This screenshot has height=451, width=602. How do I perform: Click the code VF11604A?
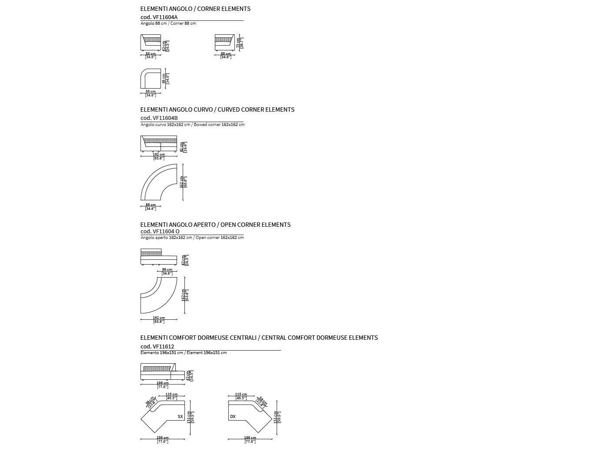point(159,17)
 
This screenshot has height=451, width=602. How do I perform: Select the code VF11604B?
point(159,118)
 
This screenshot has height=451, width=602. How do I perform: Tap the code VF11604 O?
point(160,232)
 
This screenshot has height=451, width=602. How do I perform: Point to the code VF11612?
point(157,347)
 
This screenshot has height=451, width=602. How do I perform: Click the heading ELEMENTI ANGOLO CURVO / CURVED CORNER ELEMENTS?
point(217,109)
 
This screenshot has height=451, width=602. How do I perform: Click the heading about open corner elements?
point(215,225)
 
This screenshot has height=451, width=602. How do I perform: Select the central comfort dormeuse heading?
point(259,338)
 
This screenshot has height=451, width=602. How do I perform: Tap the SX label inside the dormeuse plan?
point(180,417)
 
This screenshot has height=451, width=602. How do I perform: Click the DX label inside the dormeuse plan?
point(233,417)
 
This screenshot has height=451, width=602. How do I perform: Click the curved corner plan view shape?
point(158,182)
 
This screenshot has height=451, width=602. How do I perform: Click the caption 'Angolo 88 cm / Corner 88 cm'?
point(168,23)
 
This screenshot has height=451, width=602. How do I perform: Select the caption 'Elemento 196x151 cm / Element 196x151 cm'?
point(183,353)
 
